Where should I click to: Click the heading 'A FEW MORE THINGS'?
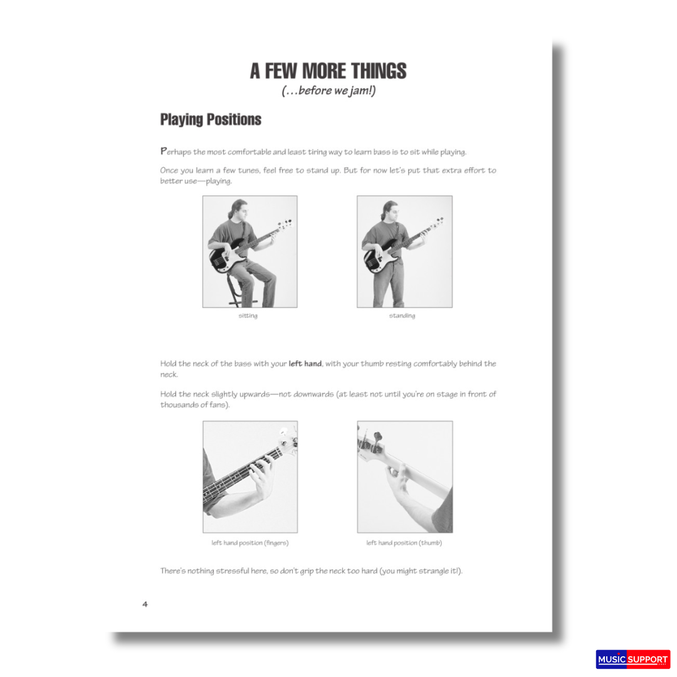pyautogui.click(x=328, y=71)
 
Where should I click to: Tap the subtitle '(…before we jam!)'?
pyautogui.click(x=328, y=92)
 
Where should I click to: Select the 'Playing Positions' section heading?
pyautogui.click(x=211, y=119)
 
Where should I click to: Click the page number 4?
pyautogui.click(x=145, y=604)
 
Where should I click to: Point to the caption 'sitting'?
pyautogui.click(x=248, y=315)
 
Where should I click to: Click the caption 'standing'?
pyautogui.click(x=402, y=315)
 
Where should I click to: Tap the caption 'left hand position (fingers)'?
pyautogui.click(x=250, y=543)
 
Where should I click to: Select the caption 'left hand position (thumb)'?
pyautogui.click(x=404, y=543)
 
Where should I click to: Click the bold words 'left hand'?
pyautogui.click(x=305, y=364)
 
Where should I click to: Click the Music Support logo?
pyautogui.click(x=632, y=659)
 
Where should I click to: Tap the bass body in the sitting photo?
pyautogui.click(x=223, y=258)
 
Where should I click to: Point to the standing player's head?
pyautogui.click(x=389, y=211)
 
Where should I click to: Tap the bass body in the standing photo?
pyautogui.click(x=376, y=259)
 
